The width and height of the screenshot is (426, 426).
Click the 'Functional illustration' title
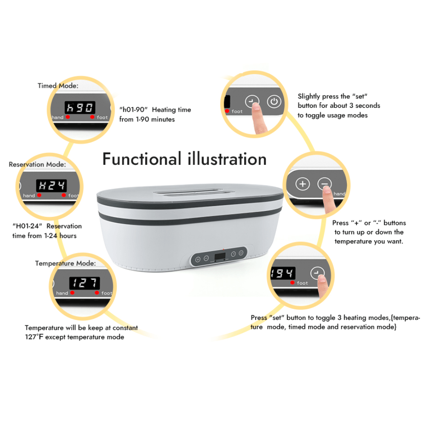coord(184,159)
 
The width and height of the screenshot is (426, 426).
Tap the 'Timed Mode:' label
coord(58,86)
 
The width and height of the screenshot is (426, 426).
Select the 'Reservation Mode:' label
coord(37,164)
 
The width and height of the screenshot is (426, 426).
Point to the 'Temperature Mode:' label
coord(66,263)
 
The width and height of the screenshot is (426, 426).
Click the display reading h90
coord(80,107)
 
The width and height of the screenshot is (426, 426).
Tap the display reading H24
coord(52,186)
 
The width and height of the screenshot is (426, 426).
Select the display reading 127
coord(84,283)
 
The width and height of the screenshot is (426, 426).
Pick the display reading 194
coord(282,273)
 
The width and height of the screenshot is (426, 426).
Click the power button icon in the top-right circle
coord(274,102)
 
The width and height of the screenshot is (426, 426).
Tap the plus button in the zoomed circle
coord(302,184)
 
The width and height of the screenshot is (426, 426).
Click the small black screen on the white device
coord(220,256)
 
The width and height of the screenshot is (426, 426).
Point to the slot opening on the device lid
coord(194,193)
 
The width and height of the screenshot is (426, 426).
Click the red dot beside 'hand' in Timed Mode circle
coord(68,117)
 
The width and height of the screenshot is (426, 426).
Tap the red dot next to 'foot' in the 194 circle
coord(292,282)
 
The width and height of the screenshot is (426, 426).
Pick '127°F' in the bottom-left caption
coord(34,337)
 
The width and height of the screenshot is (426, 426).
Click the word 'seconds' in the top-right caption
coord(368,105)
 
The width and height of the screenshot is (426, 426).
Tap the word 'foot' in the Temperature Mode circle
coord(106,293)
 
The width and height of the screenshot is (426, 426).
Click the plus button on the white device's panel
coord(198,259)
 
